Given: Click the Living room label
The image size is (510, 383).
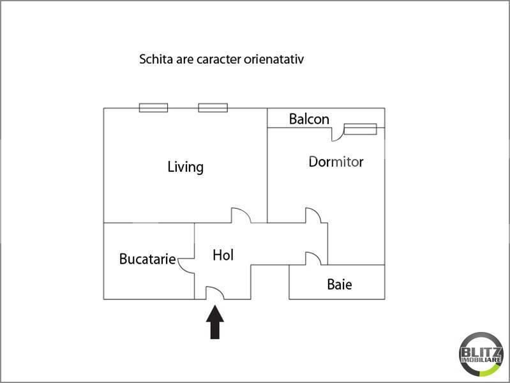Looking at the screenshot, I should (185, 167).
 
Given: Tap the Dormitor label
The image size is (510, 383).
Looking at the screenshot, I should (336, 161).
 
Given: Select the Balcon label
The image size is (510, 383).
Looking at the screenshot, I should (309, 119).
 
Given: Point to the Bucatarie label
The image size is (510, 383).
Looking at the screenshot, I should (147, 260).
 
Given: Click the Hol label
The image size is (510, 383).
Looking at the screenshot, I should (223, 255).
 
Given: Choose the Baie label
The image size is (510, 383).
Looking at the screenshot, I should (339, 285).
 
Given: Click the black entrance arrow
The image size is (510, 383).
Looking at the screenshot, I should (216, 322).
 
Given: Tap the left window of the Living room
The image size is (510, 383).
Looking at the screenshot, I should (153, 108).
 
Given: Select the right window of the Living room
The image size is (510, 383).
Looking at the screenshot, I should (213, 108).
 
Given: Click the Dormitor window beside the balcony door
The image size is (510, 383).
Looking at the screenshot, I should (361, 130).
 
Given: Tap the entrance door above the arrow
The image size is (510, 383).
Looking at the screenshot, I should (214, 292).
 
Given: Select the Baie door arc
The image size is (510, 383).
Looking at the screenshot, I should (312, 259).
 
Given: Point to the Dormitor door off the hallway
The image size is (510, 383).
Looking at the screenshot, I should (313, 215).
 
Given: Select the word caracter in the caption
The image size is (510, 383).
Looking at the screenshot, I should (217, 60).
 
